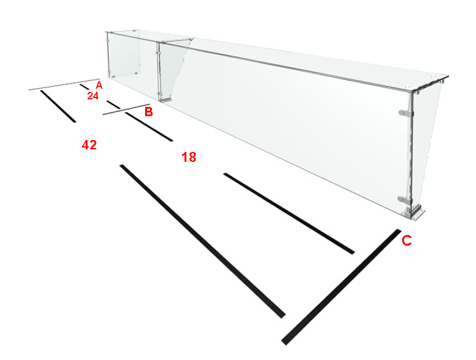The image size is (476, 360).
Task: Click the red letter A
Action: pyautogui.click(x=99, y=85)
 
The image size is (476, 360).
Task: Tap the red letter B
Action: pyautogui.click(x=148, y=111)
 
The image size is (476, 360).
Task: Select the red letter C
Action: pyautogui.click(x=407, y=241)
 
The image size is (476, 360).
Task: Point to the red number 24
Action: pyautogui.click(x=93, y=96)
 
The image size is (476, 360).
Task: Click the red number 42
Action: pyautogui.click(x=89, y=144)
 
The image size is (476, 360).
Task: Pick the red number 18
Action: pyautogui.click(x=189, y=157)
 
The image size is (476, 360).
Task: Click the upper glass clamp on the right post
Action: pyautogui.click(x=405, y=113)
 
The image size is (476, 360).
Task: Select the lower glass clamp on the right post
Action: pyautogui.click(x=405, y=199)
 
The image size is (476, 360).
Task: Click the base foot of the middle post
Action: pyautogui.click(x=166, y=99)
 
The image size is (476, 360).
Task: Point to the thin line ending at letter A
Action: pyautogui.click(x=64, y=84)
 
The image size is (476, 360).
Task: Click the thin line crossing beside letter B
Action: pyautogui.click(x=126, y=109)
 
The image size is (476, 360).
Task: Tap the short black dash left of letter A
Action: pyautogui.click(x=84, y=87)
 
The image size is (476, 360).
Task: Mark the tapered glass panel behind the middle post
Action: pyautogui.click(x=175, y=69)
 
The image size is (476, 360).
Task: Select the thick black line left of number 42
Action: pyautogui.click(x=58, y=106)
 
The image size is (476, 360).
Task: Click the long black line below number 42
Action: pyautogui.click(x=203, y=241)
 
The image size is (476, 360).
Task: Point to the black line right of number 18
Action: pyautogui.click(x=289, y=213)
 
